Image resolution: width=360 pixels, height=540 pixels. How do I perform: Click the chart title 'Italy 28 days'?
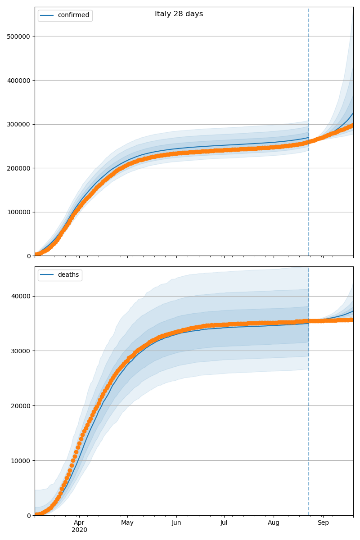(x=179, y=14)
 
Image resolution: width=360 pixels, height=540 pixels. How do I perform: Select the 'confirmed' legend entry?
(x=73, y=15)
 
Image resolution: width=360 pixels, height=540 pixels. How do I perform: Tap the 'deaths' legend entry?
(x=68, y=275)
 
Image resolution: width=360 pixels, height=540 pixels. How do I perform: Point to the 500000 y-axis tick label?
(x=19, y=36)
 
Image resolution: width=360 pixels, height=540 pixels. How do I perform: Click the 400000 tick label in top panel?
(x=19, y=81)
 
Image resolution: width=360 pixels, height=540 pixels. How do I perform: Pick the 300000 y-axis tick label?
(x=19, y=124)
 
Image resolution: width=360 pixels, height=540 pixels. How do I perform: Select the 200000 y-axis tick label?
(x=19, y=168)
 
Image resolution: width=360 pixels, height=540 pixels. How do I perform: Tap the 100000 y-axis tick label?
(x=19, y=212)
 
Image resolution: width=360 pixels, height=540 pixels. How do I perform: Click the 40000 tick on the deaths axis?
(x=21, y=296)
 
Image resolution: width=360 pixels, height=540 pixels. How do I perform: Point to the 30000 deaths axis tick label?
(x=21, y=351)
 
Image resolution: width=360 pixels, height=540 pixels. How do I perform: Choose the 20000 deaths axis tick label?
(x=21, y=406)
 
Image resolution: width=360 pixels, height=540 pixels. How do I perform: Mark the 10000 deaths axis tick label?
(x=21, y=461)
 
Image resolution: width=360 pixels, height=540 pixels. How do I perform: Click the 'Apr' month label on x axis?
(x=79, y=523)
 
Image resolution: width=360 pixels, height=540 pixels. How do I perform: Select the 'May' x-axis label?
(x=127, y=523)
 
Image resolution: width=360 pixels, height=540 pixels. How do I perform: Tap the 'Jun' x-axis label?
(x=176, y=523)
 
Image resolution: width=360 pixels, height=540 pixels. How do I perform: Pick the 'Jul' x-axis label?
(x=224, y=523)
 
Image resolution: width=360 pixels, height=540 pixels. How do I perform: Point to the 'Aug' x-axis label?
(x=274, y=523)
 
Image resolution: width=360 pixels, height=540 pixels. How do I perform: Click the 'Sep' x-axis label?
(x=323, y=523)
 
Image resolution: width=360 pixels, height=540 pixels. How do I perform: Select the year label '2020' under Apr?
(x=79, y=530)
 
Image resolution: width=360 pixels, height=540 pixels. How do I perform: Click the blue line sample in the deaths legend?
(x=47, y=275)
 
